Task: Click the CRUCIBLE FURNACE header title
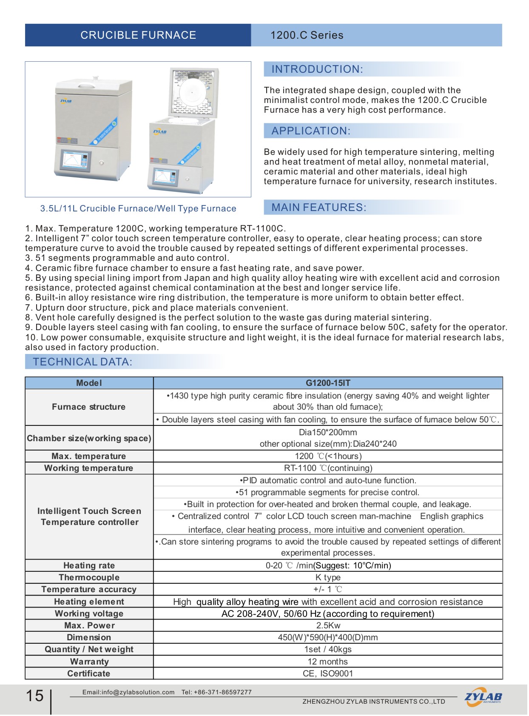tap(138, 35)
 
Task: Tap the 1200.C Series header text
tap(307, 35)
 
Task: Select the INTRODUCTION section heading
tap(317, 69)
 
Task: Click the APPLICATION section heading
tap(311, 131)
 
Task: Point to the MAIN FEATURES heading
tap(319, 208)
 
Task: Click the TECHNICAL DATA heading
tap(82, 362)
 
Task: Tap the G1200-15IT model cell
tap(328, 383)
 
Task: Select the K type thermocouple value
tap(328, 577)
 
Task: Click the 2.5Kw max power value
tap(328, 625)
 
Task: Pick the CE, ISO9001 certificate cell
tap(328, 673)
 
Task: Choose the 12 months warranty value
tap(328, 662)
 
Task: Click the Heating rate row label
tap(89, 565)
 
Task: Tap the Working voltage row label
tap(89, 613)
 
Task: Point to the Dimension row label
tap(89, 637)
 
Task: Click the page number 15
tap(35, 696)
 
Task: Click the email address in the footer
tap(128, 692)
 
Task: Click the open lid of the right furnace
tap(194, 91)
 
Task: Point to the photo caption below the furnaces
tap(138, 208)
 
